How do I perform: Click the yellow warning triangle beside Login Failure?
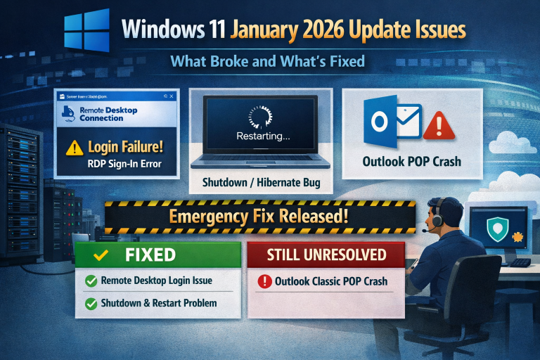pos(75,148)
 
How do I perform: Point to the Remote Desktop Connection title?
pos(108,115)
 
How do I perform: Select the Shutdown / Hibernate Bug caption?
pos(261,183)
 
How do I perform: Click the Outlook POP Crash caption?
pos(411,162)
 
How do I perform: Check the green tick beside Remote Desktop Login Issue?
pos(91,281)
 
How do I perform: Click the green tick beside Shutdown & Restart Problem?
pos(91,304)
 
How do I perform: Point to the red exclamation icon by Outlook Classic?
pos(264,282)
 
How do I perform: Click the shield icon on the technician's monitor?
pos(497,227)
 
